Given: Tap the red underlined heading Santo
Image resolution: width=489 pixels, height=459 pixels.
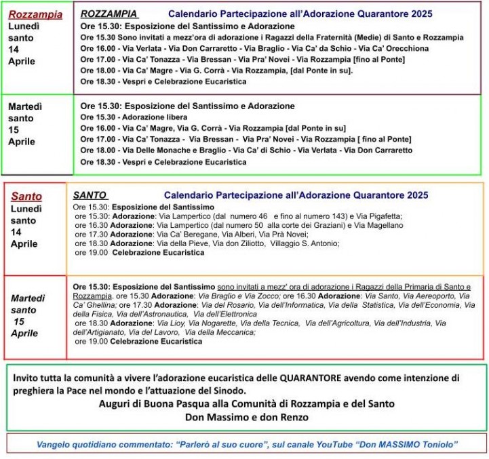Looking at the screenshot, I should (26, 197).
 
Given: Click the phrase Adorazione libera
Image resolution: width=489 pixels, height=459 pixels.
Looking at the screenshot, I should (141, 117).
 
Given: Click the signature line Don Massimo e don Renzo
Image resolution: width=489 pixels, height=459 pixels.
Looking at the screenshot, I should (247, 417).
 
